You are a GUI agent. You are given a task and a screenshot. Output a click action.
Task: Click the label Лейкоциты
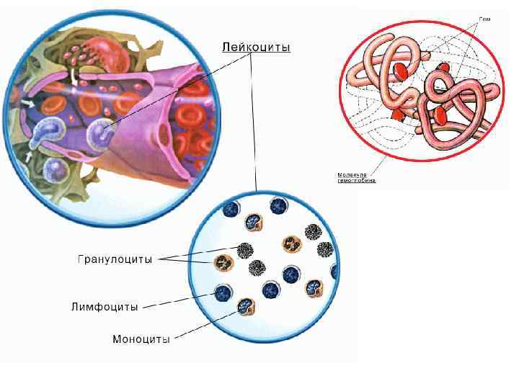(x=255, y=48)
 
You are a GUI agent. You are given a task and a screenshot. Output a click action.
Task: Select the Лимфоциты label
(x=105, y=306)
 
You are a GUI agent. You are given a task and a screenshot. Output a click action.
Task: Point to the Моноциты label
(x=141, y=339)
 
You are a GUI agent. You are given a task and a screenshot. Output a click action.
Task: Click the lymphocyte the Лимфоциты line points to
(x=223, y=292)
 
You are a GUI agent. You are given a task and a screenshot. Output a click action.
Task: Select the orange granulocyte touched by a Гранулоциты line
(x=224, y=263)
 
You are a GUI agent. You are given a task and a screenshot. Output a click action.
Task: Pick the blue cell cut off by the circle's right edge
(x=334, y=272)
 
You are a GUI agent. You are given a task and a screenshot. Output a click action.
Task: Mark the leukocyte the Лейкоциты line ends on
(x=102, y=130)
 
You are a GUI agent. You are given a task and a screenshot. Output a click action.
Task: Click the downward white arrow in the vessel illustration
(x=75, y=75)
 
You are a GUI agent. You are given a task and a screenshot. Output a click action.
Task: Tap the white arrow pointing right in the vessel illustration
(x=27, y=104)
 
